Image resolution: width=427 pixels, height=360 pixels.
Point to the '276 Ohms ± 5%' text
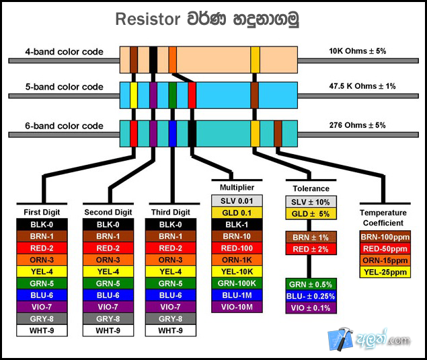pyautogui.click(x=357, y=125)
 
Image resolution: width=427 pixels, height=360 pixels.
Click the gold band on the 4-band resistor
pyautogui.click(x=255, y=59)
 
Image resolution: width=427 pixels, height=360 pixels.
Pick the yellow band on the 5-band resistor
pyautogui.click(x=134, y=95)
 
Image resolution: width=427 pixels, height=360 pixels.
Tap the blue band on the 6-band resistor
pyautogui.click(x=173, y=133)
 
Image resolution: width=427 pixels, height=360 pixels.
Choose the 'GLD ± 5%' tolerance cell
pyautogui.click(x=311, y=214)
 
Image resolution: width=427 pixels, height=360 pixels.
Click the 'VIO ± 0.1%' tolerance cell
pyautogui.click(x=311, y=308)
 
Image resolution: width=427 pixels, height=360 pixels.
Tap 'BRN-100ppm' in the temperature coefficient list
pyautogui.click(x=385, y=238)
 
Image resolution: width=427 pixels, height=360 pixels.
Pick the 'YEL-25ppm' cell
pyautogui.click(x=385, y=272)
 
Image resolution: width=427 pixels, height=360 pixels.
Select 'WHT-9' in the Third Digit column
pyautogui.click(x=170, y=331)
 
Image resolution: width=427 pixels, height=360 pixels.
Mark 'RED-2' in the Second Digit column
pyautogui.click(x=108, y=248)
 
